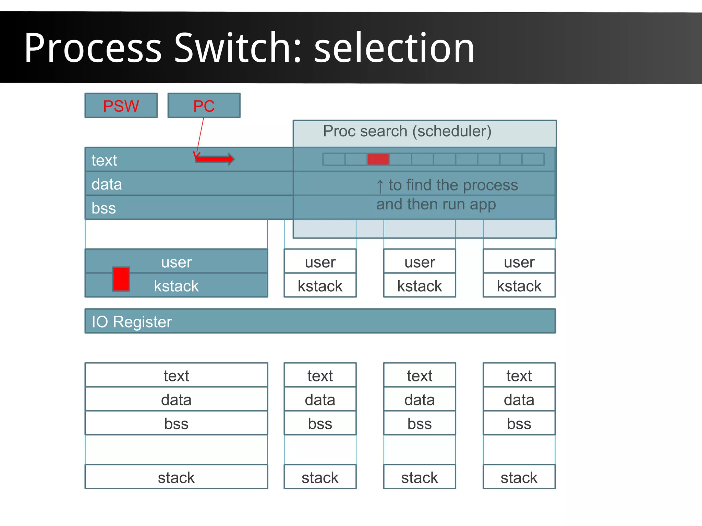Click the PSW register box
[x=121, y=106]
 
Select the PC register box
[x=204, y=106]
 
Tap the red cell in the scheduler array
[x=378, y=159]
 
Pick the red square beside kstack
[x=121, y=279]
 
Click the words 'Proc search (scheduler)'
[x=407, y=131]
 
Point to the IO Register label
[x=132, y=322]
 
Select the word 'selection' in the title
[x=394, y=48]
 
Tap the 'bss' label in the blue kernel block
[x=104, y=208]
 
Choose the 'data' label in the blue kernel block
[x=107, y=184]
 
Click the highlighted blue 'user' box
[x=177, y=262]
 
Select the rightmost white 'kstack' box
[x=519, y=286]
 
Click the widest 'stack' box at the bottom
[x=176, y=477]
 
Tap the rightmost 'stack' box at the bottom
[x=519, y=477]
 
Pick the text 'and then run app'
[x=436, y=205]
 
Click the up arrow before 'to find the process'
[x=380, y=186]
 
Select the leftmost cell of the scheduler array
[x=334, y=159]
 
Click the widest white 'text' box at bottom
[x=176, y=376]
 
